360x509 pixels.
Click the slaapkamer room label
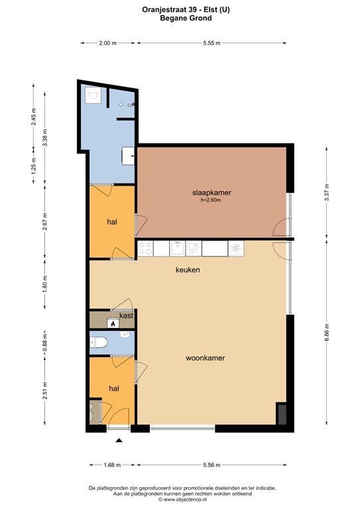tap(211, 192)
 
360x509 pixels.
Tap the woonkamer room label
tap(205, 358)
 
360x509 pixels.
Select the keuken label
tap(188, 270)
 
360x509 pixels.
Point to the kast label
tap(126, 315)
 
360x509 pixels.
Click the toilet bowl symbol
tap(99, 342)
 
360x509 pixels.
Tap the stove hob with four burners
tap(145, 249)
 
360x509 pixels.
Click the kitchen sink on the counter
tap(177, 249)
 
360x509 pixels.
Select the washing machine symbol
tap(93, 96)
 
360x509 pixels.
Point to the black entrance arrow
tap(119, 440)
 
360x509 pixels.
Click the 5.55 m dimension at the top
tap(211, 43)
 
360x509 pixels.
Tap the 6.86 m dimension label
tap(327, 332)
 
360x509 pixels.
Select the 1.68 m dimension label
tap(112, 465)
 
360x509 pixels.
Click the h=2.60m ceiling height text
tap(211, 200)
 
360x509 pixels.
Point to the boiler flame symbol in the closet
tap(113, 323)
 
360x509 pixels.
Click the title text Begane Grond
tap(186, 18)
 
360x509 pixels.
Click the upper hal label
tap(112, 222)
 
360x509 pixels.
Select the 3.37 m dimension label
tap(327, 192)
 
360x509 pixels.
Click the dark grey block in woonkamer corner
tap(281, 414)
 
